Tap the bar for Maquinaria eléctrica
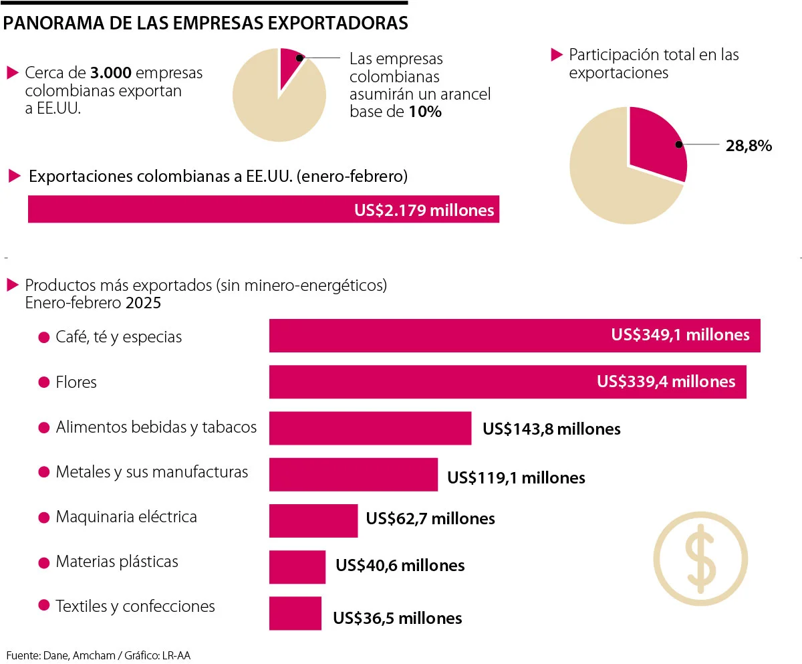[x=313, y=520]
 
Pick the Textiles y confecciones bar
[x=295, y=613]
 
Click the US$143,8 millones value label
[x=551, y=429]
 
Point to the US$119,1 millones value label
[x=516, y=477]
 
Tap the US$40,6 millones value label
[x=400, y=565]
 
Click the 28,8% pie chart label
[x=749, y=145]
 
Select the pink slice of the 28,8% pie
[x=655, y=142]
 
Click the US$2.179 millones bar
[x=263, y=209]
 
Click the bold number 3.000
[x=112, y=73]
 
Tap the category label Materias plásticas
[x=117, y=561]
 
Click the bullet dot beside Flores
[x=44, y=382]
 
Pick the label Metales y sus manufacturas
[x=152, y=472]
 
